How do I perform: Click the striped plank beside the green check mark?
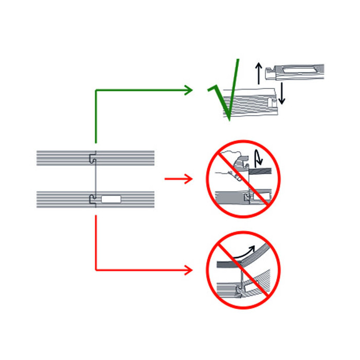(252, 103)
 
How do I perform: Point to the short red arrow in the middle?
(178, 179)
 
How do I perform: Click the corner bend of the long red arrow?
(96, 269)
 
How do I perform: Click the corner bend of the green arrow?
(96, 90)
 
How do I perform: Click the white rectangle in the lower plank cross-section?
(111, 199)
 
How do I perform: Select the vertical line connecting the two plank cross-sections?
(93, 178)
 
